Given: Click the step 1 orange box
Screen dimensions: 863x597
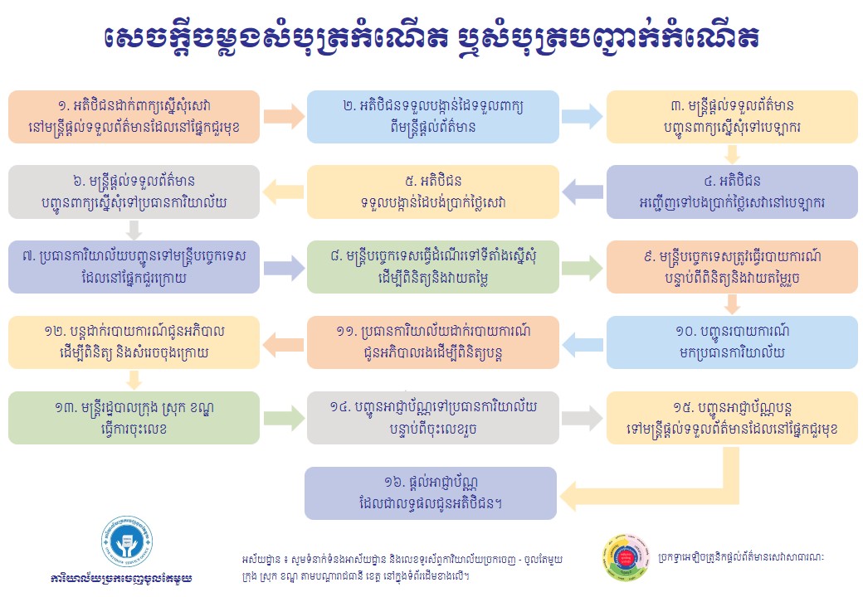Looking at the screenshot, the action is [134, 117].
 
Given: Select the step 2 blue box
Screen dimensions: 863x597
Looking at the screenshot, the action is [432, 117].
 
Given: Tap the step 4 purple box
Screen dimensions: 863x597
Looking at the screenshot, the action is [732, 192].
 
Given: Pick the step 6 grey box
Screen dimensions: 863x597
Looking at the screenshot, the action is [134, 192].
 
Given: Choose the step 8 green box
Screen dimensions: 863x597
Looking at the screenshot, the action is [432, 267].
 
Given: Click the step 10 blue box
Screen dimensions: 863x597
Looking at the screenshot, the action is [732, 342].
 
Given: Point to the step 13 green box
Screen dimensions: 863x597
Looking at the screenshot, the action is [134, 418].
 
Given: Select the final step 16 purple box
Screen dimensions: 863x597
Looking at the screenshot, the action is [431, 493].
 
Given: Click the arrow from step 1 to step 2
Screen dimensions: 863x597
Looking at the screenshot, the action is [284, 117].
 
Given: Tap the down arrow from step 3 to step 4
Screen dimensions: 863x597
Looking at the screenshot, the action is [731, 154].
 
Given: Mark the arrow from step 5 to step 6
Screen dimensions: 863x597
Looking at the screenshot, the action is [283, 192].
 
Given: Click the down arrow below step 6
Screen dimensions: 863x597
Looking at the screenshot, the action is [134, 230].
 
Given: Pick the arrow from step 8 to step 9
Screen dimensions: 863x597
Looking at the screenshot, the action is [583, 267].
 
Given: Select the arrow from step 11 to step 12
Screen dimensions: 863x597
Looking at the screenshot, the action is [283, 342].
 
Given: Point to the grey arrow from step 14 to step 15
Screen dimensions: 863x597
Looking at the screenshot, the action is [583, 418].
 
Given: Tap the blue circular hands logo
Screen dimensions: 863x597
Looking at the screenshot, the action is [127, 541].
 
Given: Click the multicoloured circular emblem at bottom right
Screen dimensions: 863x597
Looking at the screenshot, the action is [626, 556].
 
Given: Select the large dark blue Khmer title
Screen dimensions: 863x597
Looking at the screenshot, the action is [432, 37].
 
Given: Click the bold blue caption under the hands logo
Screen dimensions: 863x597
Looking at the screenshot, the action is [121, 578].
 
